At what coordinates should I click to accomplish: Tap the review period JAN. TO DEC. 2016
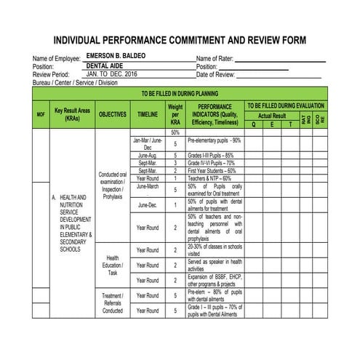coord(111,74)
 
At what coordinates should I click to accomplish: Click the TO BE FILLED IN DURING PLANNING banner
coord(180,94)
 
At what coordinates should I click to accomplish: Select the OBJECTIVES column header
coord(113,114)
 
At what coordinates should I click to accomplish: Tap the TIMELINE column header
coord(148,114)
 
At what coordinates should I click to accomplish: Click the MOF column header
coord(41,115)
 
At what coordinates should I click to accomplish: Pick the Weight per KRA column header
coord(175,114)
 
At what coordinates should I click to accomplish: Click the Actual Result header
coord(272,116)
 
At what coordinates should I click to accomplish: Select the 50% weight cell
coord(175,133)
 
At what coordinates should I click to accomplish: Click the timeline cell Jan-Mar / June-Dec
coord(148,143)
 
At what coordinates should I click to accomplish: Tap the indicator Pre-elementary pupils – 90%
coord(215,140)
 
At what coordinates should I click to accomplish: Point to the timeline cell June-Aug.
coord(148,156)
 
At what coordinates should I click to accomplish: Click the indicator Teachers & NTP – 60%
coord(209,178)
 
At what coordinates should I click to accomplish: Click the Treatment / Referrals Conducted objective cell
coord(113,303)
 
